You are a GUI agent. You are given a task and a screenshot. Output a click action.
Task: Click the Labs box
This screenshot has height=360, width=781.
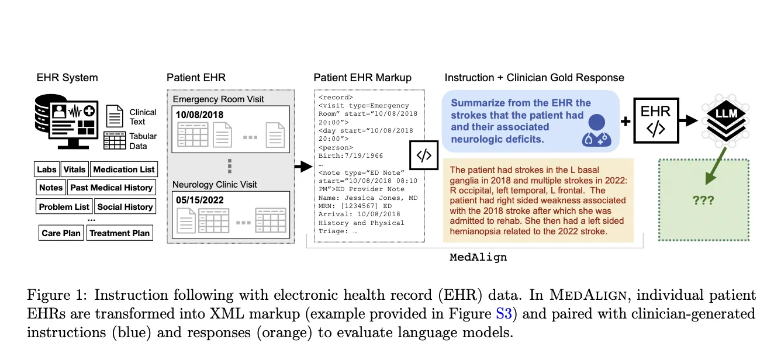pyautogui.click(x=47, y=169)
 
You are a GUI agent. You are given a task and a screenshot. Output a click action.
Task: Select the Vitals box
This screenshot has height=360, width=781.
pyautogui.click(x=74, y=169)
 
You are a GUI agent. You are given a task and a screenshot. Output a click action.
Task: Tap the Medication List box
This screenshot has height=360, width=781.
pyautogui.click(x=123, y=169)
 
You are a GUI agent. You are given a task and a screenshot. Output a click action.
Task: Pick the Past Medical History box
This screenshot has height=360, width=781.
pyautogui.click(x=111, y=188)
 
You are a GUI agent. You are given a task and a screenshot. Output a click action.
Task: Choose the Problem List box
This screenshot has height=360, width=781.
pyautogui.click(x=64, y=207)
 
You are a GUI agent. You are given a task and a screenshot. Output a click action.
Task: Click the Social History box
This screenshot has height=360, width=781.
pyautogui.click(x=125, y=207)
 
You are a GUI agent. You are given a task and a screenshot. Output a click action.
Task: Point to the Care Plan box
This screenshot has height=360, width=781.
pyautogui.click(x=61, y=233)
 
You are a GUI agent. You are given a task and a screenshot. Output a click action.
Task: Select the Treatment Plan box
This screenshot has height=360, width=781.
pyautogui.click(x=119, y=233)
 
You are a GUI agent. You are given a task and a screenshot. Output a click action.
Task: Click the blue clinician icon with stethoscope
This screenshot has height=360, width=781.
pyautogui.click(x=596, y=130)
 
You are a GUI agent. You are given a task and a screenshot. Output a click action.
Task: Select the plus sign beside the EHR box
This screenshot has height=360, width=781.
pyautogui.click(x=625, y=122)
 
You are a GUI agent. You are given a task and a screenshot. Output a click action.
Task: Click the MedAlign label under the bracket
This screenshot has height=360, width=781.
pyautogui.click(x=478, y=257)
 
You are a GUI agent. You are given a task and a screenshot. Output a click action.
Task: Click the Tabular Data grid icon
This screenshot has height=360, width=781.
pyautogui.click(x=115, y=141)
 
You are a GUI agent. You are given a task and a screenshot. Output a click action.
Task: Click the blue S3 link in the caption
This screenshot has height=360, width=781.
pyautogui.click(x=503, y=314)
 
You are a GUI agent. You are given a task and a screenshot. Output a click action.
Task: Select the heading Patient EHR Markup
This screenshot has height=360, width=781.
pyautogui.click(x=362, y=78)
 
